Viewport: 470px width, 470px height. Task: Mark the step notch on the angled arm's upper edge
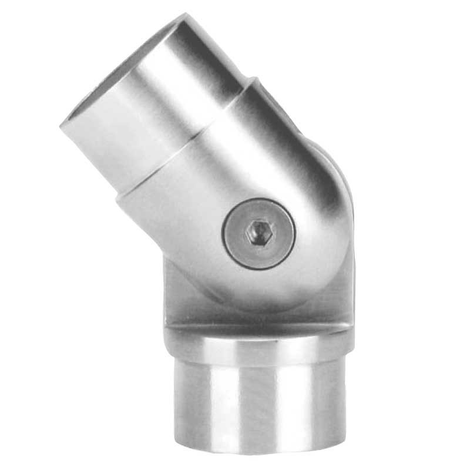(251, 85)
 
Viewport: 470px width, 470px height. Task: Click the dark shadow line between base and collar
(258, 327)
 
